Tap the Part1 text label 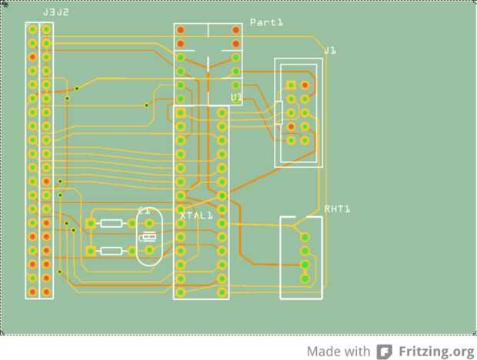pos(266,23)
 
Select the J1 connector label pos(329,51)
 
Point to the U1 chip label pos(236,97)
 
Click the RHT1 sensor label pos(337,209)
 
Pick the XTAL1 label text pos(196,215)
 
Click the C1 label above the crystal pos(144,210)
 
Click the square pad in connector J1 pos(291,85)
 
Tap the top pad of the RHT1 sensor pos(305,237)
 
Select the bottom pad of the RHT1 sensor pos(305,278)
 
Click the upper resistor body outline pos(112,224)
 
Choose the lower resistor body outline pos(112,251)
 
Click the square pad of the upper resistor pos(91,224)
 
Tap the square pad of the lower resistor pos(91,251)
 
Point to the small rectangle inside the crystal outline pos(149,238)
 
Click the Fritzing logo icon pos(384,352)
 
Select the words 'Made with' pos(339,352)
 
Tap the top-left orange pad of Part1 pos(181,31)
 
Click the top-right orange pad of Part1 pos(235,31)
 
